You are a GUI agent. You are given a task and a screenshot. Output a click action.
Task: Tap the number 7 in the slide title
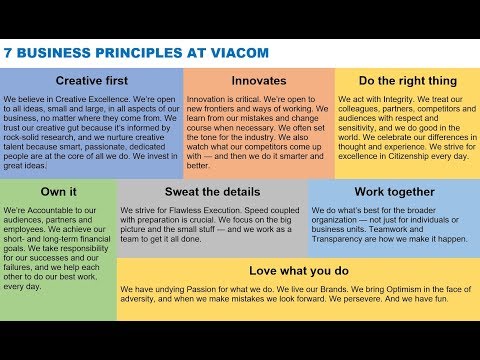(8, 49)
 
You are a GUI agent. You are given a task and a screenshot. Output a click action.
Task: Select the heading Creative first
(91, 80)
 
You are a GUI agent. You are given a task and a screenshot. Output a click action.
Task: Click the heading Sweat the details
(212, 190)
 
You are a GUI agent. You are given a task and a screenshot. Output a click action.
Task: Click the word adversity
(141, 300)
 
